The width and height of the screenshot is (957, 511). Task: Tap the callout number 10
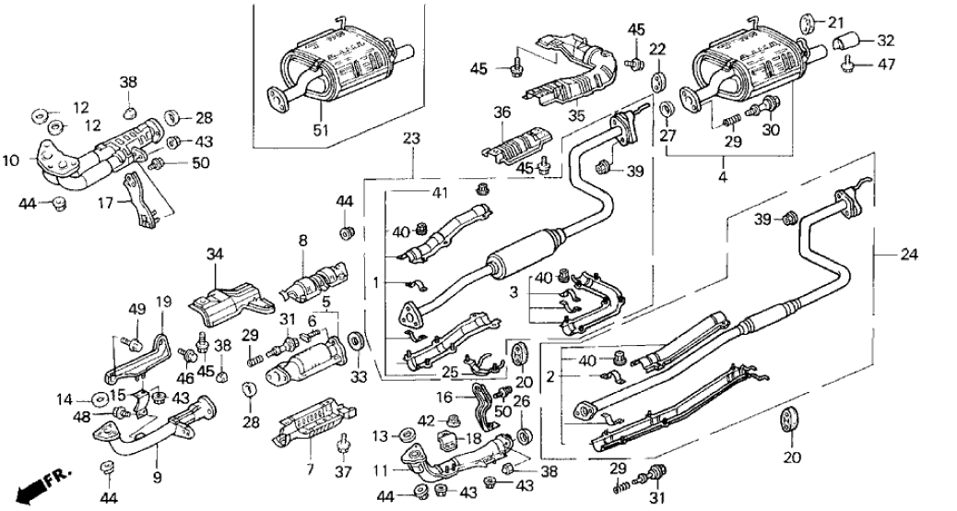tap(10, 161)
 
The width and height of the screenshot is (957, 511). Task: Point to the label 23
tap(411, 138)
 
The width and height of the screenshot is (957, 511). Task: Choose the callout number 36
tap(502, 113)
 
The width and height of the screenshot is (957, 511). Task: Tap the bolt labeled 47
tap(847, 64)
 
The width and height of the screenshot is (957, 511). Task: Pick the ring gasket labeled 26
tap(524, 435)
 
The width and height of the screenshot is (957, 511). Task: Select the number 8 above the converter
tap(301, 243)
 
